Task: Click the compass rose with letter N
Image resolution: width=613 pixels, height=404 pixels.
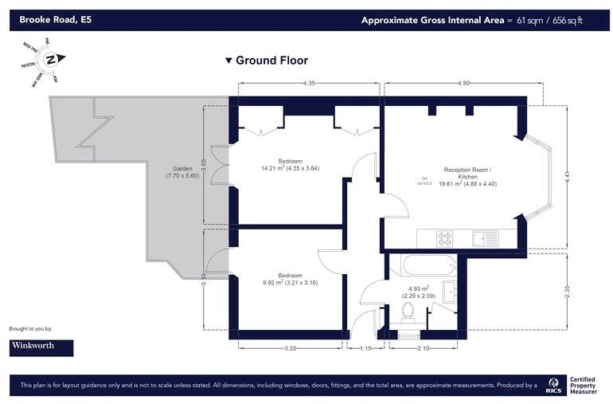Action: pyautogui.click(x=49, y=60)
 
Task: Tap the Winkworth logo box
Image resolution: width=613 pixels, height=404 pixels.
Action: pyautogui.click(x=41, y=347)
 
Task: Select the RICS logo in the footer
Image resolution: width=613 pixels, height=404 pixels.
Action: pyautogui.click(x=553, y=386)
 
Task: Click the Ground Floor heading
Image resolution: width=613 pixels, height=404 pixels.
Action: pyautogui.click(x=267, y=61)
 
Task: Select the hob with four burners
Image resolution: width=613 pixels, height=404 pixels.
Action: pyautogui.click(x=443, y=237)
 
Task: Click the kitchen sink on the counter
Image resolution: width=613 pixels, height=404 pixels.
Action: pyautogui.click(x=484, y=237)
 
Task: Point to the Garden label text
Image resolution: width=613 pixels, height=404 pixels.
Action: pyautogui.click(x=183, y=172)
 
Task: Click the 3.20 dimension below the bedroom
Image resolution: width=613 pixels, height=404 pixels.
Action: pyautogui.click(x=291, y=349)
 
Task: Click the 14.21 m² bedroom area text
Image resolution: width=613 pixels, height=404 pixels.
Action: pyautogui.click(x=291, y=168)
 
